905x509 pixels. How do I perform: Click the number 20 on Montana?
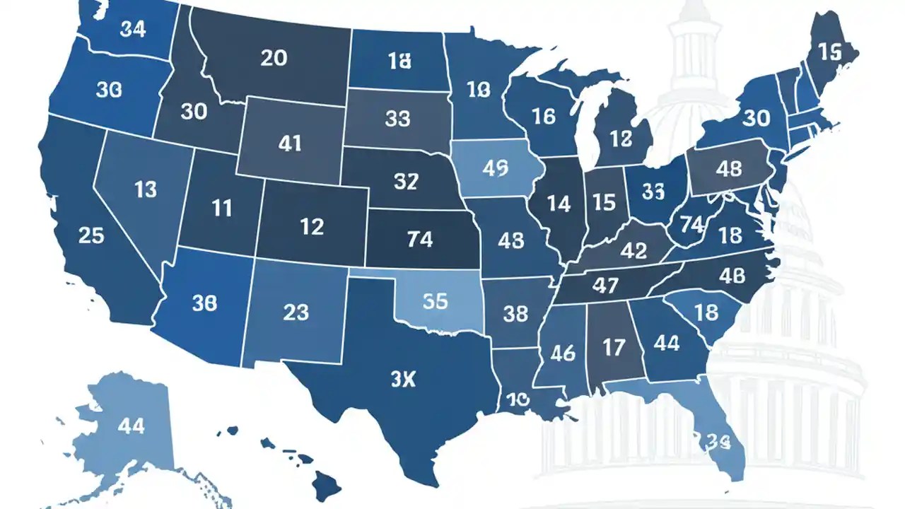[274, 58]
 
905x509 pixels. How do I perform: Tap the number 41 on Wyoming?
[290, 144]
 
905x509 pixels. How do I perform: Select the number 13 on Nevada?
[146, 189]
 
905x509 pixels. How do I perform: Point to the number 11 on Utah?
[222, 208]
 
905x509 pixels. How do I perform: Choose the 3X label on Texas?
[404, 380]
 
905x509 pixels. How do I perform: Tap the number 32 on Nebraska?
[406, 182]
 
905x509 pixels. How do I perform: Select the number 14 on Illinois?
[559, 204]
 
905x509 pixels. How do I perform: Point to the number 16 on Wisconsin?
[543, 117]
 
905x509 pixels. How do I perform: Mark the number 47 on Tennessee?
[607, 286]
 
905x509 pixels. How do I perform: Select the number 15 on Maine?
[829, 51]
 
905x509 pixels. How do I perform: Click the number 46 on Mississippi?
[563, 352]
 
